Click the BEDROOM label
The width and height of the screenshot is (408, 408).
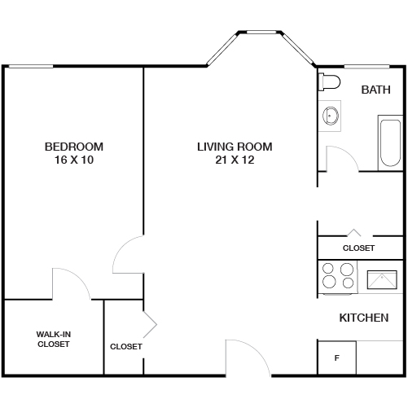tap(74, 147)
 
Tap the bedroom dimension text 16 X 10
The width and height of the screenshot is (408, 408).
tap(74, 160)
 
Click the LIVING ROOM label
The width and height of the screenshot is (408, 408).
tap(235, 147)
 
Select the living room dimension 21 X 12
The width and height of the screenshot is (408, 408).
tap(235, 160)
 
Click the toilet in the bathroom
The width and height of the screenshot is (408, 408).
tap(329, 82)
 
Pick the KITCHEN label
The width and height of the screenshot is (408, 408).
tap(363, 318)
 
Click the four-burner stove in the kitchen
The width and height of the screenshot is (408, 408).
tap(338, 275)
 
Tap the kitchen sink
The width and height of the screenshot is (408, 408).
tap(383, 279)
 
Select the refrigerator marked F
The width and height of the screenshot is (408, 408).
tap(336, 358)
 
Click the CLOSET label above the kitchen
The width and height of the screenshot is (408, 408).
tap(358, 248)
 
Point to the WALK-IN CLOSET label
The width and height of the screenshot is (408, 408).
tap(54, 339)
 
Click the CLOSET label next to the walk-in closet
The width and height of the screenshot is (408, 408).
tap(126, 346)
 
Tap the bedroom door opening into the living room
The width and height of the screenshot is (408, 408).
tap(129, 255)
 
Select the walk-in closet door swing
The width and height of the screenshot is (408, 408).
tap(72, 283)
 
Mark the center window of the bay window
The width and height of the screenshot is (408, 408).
tap(261, 33)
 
